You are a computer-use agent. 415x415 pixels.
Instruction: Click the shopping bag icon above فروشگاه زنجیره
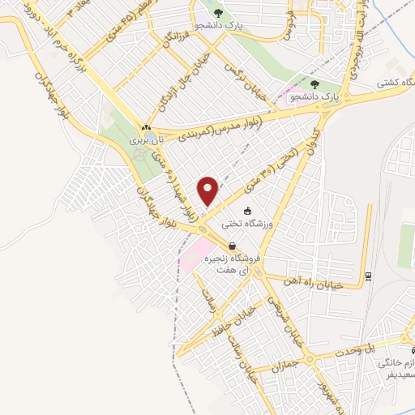[233, 246]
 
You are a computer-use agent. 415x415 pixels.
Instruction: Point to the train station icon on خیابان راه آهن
[369, 276]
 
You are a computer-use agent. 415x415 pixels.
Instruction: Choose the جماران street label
[286, 366]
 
